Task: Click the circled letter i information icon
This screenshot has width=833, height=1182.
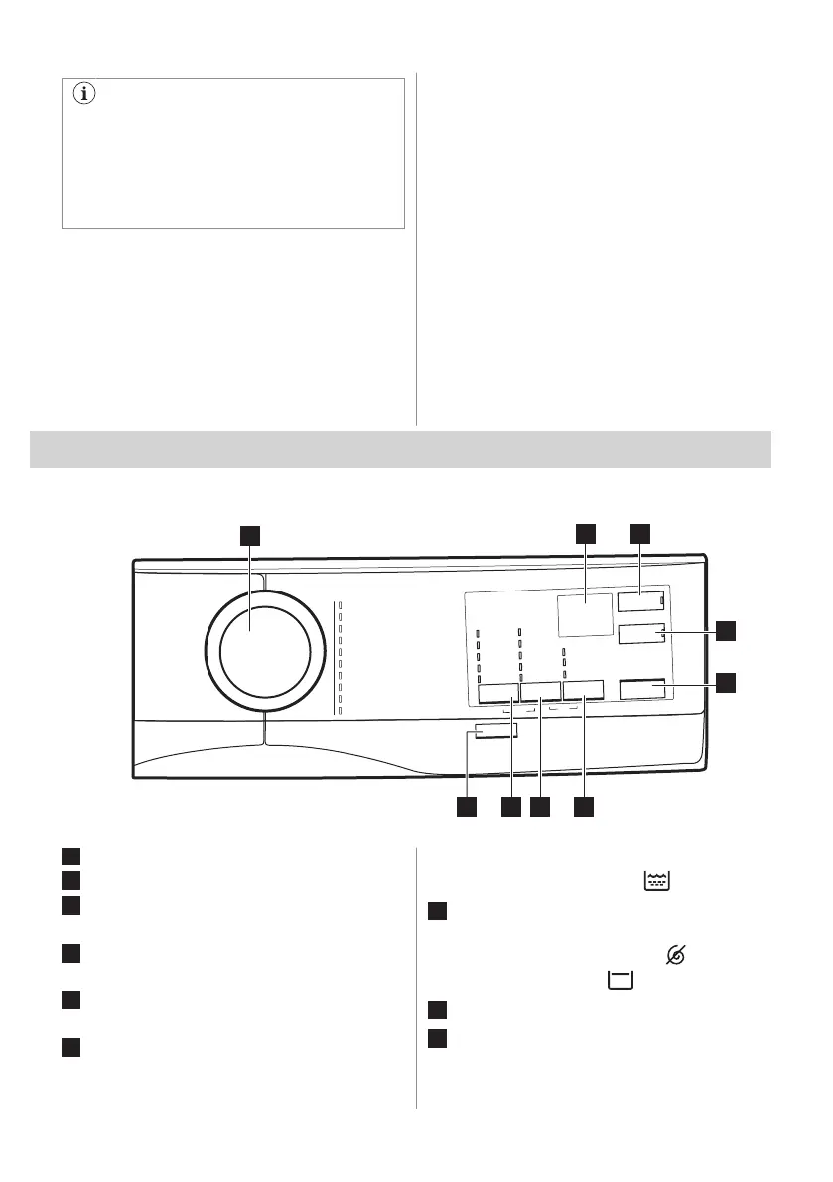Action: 84,96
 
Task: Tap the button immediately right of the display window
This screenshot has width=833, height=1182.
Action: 639,601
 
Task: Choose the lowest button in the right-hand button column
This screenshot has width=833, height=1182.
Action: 641,690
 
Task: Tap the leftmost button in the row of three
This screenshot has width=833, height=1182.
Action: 497,692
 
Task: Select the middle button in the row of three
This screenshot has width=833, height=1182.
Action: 540,692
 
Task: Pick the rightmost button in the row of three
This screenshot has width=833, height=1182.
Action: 584,692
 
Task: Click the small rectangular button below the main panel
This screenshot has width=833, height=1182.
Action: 494,731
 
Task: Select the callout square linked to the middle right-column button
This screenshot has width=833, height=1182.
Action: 727,630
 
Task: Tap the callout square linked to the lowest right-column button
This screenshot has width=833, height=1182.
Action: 727,682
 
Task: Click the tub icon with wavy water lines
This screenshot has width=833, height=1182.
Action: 656,879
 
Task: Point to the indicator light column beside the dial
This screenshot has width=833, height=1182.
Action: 339,656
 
